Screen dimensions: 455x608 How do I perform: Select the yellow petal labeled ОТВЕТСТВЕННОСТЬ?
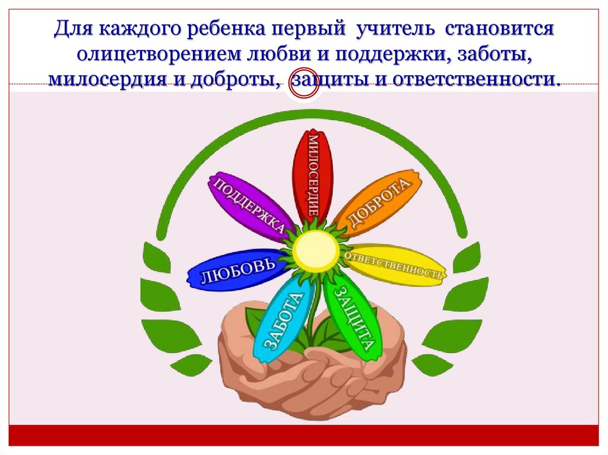click(394, 266)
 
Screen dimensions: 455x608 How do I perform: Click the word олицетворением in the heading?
click(153, 55)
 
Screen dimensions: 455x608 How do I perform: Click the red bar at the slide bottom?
click(304, 435)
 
